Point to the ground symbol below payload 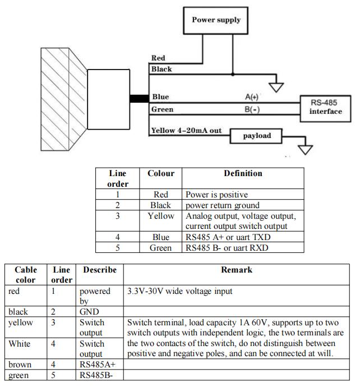click(305, 150)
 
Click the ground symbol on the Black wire click(276, 87)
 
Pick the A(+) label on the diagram click(252, 96)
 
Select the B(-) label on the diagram click(252, 109)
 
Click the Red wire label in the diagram click(158, 58)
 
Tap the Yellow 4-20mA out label click(186, 130)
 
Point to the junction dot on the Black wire click(233, 74)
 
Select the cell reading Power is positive click(243, 194)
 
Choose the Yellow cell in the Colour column click(160, 220)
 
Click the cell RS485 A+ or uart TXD click(243, 237)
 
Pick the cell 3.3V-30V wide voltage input click(237, 296)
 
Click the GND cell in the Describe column click(100, 311)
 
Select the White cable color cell click(26, 348)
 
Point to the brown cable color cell click(26, 364)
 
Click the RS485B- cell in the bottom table click(100, 375)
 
